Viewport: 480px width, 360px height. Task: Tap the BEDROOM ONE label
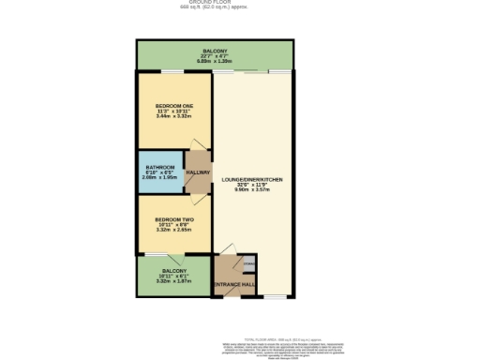tap(174, 106)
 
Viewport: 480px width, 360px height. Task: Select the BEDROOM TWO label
tap(173, 218)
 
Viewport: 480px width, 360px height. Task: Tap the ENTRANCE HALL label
tap(233, 284)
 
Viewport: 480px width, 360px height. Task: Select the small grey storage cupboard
tap(249, 262)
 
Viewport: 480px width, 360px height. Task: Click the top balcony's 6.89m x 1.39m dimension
tap(214, 59)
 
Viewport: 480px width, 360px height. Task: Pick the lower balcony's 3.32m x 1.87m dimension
tap(173, 280)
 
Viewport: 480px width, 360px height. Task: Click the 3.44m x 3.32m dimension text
tap(174, 117)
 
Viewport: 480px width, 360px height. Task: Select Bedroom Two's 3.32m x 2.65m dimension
tap(173, 230)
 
